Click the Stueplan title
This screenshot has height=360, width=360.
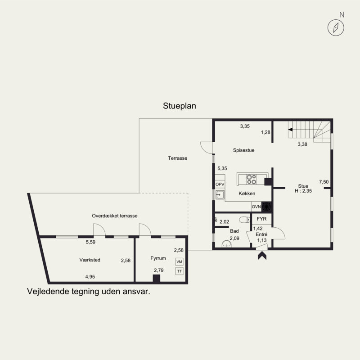point(179,106)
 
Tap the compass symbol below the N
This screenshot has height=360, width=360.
point(336,28)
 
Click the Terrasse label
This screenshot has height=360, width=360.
point(177,158)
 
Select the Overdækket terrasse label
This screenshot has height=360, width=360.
point(115,216)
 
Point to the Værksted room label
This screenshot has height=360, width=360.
point(90,260)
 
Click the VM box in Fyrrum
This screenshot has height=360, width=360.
point(179,262)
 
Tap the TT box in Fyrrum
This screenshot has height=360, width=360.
point(179,271)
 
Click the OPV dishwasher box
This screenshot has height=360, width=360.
point(220,184)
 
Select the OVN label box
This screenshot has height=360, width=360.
point(256,207)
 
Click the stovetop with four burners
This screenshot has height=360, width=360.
point(252,179)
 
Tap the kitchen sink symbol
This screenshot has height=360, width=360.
point(220,195)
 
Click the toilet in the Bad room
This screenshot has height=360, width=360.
point(244,220)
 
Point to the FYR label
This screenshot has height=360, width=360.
point(261,219)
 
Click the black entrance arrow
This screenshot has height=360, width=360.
point(262,256)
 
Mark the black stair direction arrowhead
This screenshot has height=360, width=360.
point(290,130)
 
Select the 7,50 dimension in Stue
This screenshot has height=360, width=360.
point(324,182)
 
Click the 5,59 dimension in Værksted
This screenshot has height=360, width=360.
point(90,242)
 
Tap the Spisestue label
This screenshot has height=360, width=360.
point(243,150)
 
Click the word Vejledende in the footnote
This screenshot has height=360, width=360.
point(48,292)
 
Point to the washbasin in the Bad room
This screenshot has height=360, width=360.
point(227,244)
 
